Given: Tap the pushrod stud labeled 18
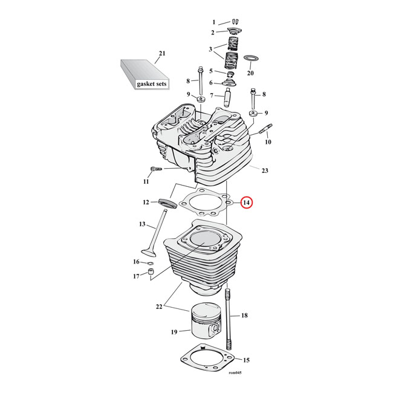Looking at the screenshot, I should [x=229, y=316].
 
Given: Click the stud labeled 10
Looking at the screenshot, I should [x=266, y=129].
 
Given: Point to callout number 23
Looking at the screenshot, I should [x=264, y=171].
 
